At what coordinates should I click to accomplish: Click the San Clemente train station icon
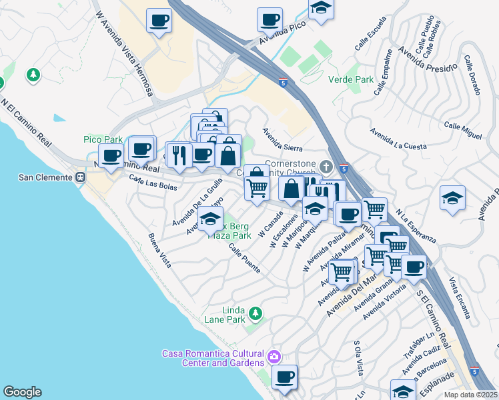[79, 178]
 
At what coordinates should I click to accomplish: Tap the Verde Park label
[351, 79]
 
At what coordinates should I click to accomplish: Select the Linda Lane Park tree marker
[254, 312]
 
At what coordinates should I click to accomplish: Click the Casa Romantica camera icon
[274, 357]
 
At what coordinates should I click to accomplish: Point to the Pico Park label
[103, 139]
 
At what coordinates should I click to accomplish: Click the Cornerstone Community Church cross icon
[326, 165]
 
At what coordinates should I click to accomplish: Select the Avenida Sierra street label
[282, 140]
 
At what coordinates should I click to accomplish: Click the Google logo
[22, 392]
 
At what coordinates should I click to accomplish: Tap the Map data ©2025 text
[470, 395]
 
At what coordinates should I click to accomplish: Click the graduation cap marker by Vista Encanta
[452, 197]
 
